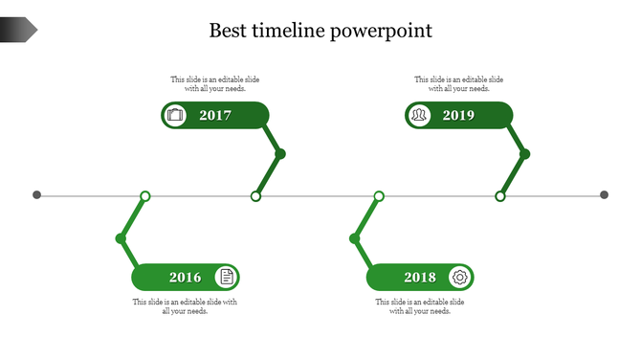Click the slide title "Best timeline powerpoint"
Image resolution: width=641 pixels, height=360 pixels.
click(x=320, y=31)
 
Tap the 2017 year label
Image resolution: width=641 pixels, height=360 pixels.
click(x=215, y=116)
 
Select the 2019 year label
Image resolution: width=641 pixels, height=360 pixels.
click(x=458, y=116)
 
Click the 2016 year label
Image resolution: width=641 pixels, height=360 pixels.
click(x=186, y=278)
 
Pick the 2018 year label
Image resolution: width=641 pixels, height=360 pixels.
click(x=420, y=278)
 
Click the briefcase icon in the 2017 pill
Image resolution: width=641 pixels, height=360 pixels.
click(x=175, y=116)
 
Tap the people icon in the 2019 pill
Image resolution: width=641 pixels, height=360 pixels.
click(x=419, y=116)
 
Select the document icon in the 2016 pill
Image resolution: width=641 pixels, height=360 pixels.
click(x=226, y=278)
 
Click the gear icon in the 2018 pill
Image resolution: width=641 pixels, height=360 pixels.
click(x=460, y=278)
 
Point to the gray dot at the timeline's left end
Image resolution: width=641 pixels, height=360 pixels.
click(x=37, y=195)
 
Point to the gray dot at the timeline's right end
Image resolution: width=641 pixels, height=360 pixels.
click(x=604, y=195)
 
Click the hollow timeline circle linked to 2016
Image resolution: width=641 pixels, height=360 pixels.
click(x=145, y=196)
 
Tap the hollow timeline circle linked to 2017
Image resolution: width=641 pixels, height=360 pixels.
click(x=255, y=196)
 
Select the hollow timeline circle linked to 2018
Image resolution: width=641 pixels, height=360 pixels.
click(x=379, y=196)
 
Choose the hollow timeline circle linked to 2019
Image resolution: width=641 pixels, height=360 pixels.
click(x=499, y=196)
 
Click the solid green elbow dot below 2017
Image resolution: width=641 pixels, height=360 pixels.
click(x=280, y=154)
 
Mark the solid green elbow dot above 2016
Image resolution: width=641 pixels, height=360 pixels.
click(x=121, y=238)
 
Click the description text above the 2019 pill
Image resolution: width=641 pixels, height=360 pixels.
click(x=458, y=84)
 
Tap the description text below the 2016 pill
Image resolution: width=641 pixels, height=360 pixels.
click(x=185, y=306)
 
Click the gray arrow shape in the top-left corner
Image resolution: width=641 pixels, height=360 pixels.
click(x=18, y=31)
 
